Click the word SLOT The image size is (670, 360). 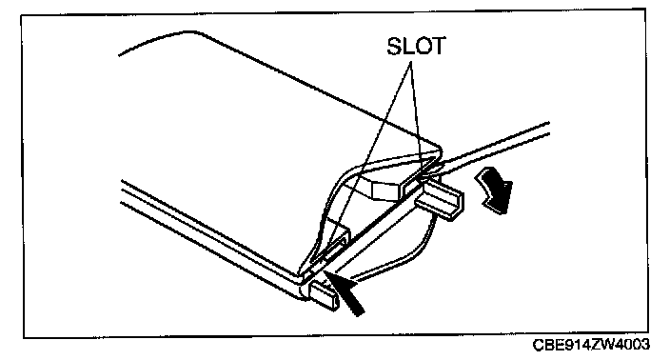tap(416, 46)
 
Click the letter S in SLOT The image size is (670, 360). tap(394, 46)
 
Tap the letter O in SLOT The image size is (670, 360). tap(423, 46)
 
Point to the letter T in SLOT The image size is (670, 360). tap(439, 46)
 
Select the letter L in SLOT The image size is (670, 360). tap(407, 46)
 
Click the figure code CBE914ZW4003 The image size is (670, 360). tap(591, 345)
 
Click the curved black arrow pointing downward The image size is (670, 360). tap(495, 190)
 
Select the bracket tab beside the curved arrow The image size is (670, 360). tap(440, 199)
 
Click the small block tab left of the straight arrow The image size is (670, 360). tap(324, 296)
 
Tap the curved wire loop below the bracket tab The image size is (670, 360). tap(399, 252)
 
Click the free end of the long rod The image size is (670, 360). tap(548, 129)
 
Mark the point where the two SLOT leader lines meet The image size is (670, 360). tap(411, 62)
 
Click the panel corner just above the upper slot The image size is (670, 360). tap(439, 150)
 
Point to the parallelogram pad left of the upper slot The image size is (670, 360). tap(385, 190)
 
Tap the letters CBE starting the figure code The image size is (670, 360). tap(547, 345)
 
